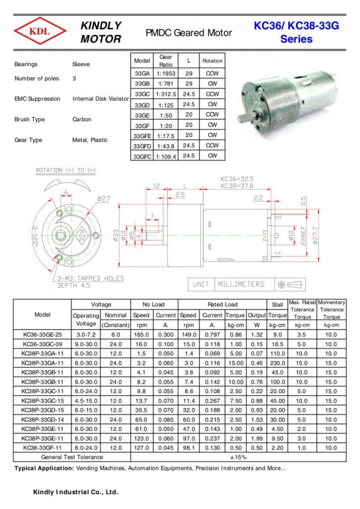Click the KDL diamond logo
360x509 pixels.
point(40,32)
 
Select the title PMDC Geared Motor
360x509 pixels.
point(188,33)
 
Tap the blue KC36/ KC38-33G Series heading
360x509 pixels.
point(296,32)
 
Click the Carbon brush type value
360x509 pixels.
point(82,120)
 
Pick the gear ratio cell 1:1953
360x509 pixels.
point(166,74)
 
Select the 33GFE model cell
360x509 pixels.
point(143,136)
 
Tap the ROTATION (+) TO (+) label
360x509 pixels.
point(66,170)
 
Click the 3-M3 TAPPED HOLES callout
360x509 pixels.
point(90,278)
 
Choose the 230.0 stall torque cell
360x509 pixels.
point(277,363)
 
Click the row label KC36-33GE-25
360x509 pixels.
point(42,335)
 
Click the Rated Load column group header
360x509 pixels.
point(222,305)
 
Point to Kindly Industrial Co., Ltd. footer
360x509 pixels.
point(76,492)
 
